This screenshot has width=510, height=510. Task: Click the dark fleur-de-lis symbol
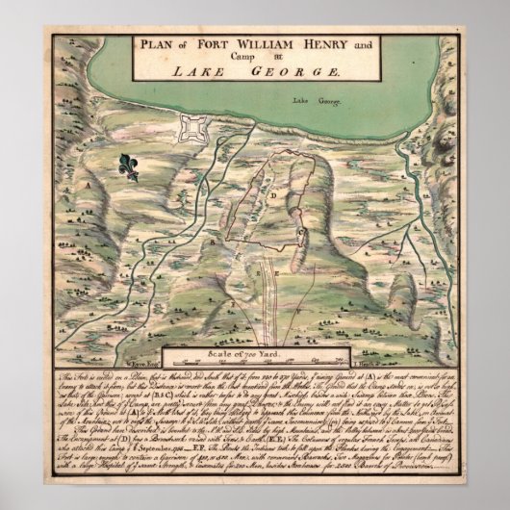(129, 166)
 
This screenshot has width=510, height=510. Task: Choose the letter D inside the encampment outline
(273, 194)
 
